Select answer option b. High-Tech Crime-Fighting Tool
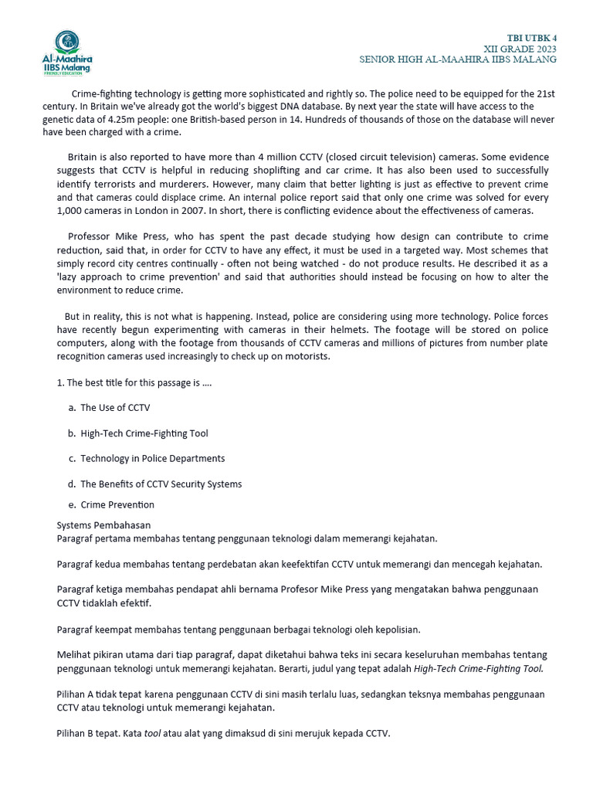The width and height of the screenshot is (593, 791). (144, 433)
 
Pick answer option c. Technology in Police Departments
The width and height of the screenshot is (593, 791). (152, 458)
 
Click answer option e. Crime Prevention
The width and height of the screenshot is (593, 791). (117, 504)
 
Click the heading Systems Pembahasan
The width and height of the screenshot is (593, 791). (103, 525)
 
